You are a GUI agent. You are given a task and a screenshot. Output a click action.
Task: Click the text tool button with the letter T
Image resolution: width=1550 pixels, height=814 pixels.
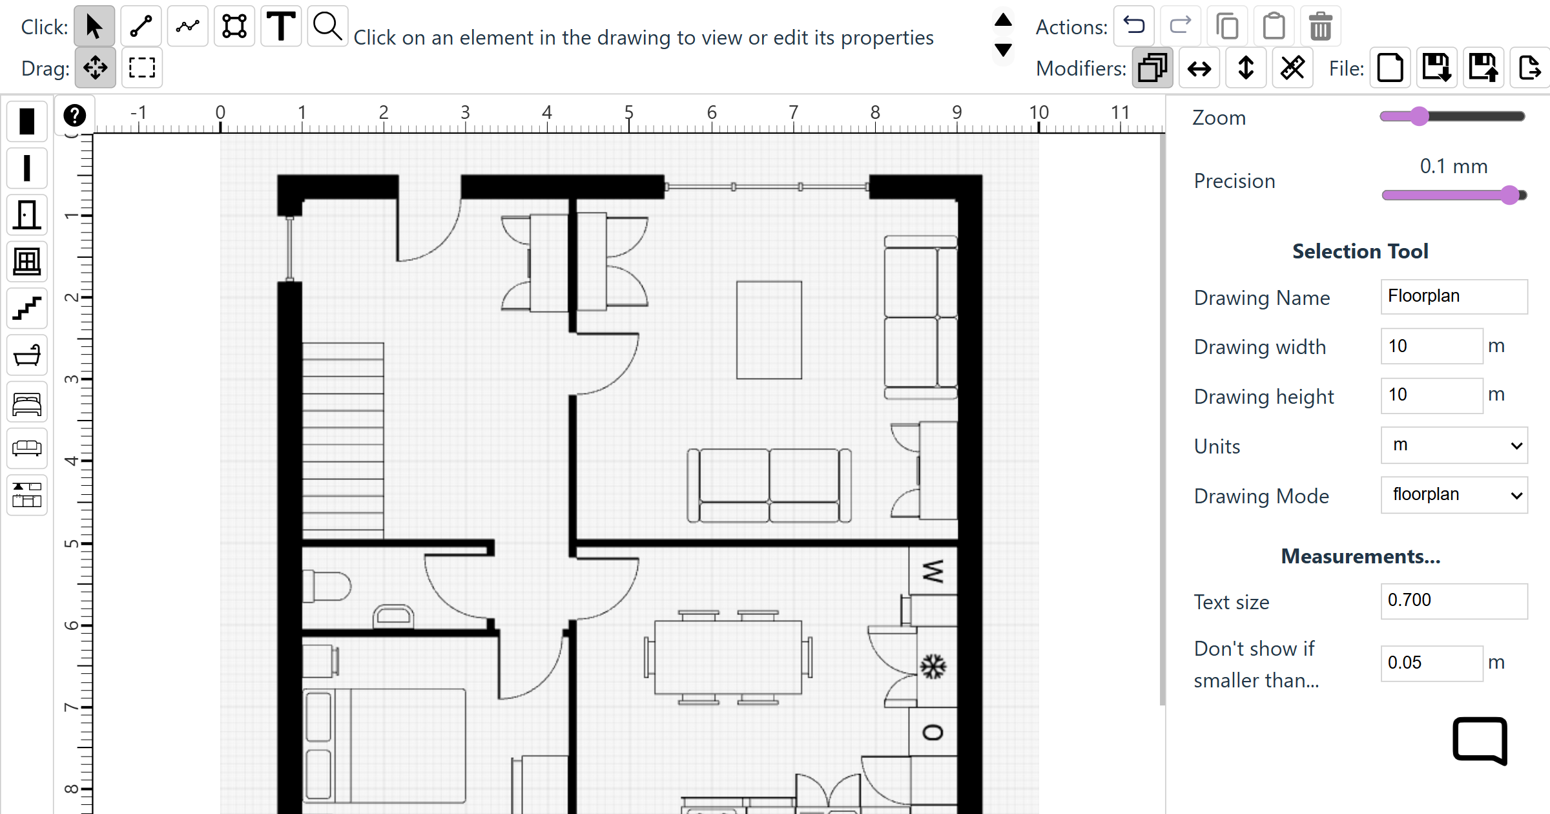click(x=281, y=26)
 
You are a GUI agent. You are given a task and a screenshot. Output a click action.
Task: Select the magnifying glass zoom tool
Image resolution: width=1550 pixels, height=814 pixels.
click(x=327, y=26)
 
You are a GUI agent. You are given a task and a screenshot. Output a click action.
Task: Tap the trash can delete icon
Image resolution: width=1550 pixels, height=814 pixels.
click(x=1320, y=26)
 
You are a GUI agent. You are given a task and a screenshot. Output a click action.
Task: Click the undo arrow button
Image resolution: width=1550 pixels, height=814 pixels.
click(x=1134, y=26)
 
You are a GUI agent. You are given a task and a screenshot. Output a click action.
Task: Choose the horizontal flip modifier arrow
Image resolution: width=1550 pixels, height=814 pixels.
click(x=1199, y=68)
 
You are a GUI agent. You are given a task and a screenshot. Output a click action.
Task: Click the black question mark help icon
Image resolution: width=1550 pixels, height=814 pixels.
click(x=75, y=116)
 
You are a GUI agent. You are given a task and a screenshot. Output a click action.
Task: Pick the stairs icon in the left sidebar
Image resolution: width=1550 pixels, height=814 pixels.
click(x=27, y=308)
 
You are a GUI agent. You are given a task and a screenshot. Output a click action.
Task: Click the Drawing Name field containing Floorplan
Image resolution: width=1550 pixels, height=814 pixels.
click(x=1454, y=297)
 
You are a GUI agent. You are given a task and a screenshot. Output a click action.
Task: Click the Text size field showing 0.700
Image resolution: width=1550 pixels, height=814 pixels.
click(x=1454, y=601)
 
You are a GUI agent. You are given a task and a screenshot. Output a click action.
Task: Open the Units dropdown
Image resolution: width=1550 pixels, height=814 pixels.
click(x=1454, y=445)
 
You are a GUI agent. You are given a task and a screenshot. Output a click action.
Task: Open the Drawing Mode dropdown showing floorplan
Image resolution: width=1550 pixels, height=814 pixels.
click(x=1454, y=495)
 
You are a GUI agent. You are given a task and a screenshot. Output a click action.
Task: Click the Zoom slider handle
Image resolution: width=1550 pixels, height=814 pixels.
click(x=1419, y=116)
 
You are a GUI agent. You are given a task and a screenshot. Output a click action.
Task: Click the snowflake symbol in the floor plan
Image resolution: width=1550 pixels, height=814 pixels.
click(x=933, y=667)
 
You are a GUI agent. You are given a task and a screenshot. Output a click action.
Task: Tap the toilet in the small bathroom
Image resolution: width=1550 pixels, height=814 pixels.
click(x=327, y=587)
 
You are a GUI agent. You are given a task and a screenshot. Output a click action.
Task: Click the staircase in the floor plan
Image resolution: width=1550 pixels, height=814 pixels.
click(x=343, y=441)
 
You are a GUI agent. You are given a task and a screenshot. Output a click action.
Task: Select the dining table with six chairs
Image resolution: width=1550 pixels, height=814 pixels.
click(x=728, y=657)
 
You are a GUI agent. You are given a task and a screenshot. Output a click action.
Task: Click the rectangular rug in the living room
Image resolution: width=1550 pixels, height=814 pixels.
click(x=769, y=330)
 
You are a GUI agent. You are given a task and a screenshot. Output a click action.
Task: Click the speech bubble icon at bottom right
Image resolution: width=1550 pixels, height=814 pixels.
click(x=1480, y=740)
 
